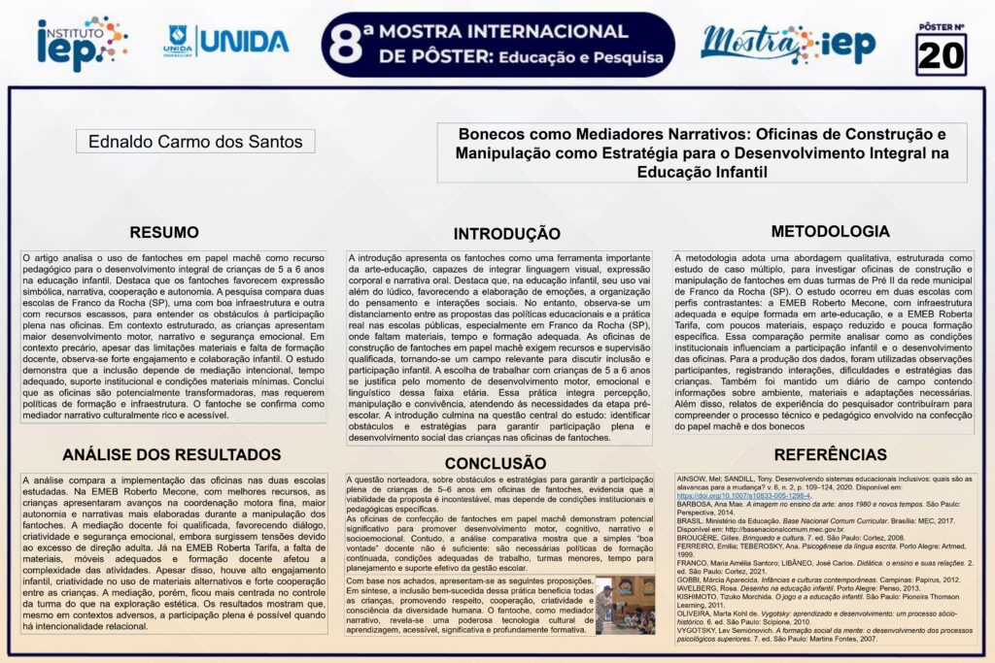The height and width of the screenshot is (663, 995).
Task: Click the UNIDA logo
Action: pos(226,41)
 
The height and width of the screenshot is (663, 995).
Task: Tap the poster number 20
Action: pos(941,55)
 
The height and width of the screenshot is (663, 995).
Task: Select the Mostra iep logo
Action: pos(788,44)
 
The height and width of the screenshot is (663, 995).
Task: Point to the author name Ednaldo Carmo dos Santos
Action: pos(195,142)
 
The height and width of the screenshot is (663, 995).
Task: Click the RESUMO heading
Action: pos(164,233)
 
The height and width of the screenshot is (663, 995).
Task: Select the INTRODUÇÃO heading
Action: pos(506,234)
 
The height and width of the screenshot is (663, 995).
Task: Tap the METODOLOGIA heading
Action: pos(830,231)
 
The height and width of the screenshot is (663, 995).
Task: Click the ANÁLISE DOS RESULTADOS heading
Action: pos(171,454)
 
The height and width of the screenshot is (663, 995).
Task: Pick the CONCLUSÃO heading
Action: pos(496,463)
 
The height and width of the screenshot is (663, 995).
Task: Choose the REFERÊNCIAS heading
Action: pos(830,454)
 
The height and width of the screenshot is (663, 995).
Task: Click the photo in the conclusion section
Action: pos(625,605)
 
